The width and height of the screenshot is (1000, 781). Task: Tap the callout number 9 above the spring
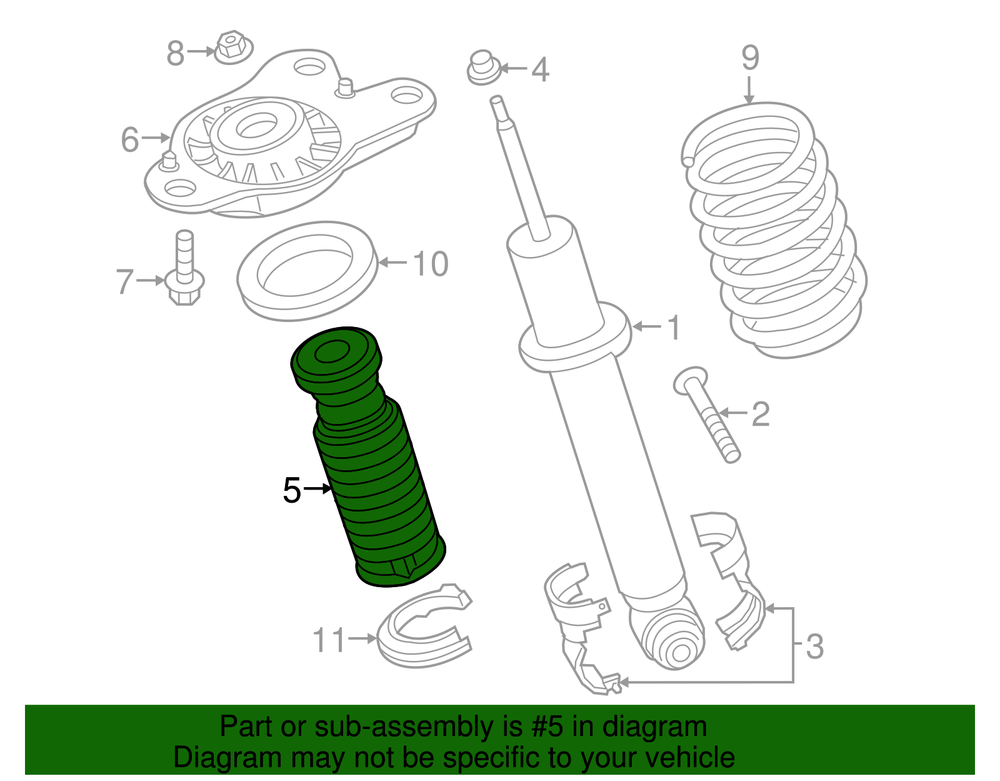750,58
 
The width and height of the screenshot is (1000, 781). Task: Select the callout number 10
430,264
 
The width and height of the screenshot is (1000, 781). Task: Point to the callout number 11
329,640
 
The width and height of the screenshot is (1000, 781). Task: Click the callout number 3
814,647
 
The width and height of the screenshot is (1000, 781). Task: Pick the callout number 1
674,328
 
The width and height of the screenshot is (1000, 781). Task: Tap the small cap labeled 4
483,68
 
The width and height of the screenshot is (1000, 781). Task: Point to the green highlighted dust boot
368,456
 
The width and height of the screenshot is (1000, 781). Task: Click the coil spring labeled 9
774,230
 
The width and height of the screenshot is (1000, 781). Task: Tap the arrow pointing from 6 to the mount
156,138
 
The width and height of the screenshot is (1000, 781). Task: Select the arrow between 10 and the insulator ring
393,263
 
